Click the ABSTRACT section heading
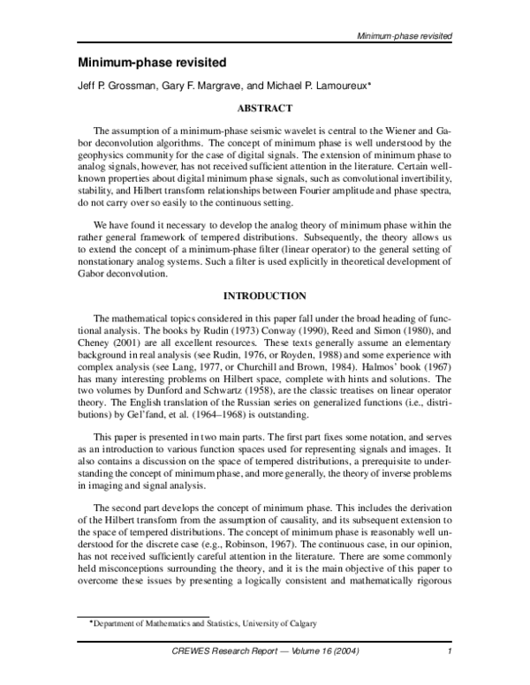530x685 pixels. (x=264, y=109)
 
